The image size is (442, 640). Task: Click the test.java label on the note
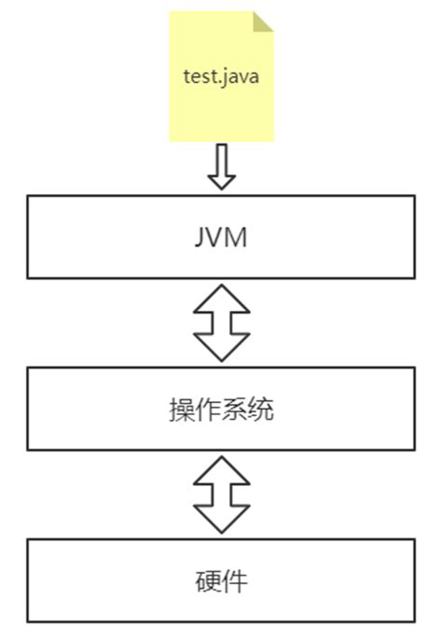[221, 76]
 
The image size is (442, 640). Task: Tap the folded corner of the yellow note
[263, 21]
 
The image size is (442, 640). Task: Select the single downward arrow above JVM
[221, 166]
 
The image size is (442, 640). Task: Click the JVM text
[221, 237]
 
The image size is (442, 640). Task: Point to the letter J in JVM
[199, 237]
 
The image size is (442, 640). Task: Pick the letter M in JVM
[237, 237]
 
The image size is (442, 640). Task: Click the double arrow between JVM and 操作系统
[221, 322]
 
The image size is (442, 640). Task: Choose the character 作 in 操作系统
[208, 410]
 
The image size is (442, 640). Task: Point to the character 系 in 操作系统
[234, 410]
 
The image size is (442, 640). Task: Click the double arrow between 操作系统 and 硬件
[221, 494]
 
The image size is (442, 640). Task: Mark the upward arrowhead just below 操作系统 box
[221, 469]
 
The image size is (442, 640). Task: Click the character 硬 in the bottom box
[208, 581]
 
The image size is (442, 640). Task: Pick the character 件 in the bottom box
[235, 581]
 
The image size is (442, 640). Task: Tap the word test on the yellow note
[197, 76]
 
